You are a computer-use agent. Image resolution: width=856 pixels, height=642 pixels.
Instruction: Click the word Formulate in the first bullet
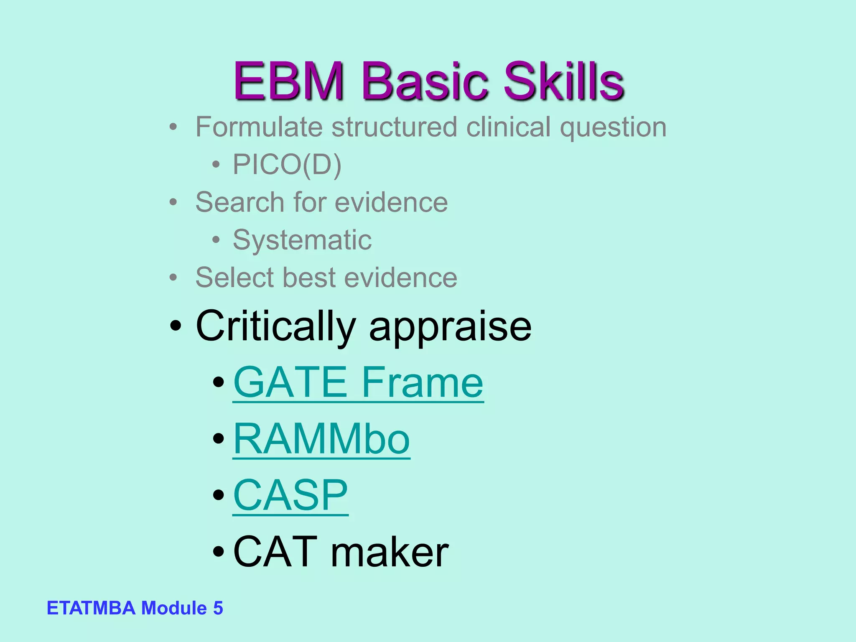point(258,127)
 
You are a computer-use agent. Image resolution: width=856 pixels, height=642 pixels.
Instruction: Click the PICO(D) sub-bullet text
point(287,165)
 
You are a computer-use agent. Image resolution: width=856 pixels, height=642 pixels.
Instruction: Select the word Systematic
point(302,241)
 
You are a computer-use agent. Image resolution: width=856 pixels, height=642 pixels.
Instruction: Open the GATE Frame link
point(358,382)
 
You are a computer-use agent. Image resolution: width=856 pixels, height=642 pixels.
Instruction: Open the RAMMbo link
point(321,439)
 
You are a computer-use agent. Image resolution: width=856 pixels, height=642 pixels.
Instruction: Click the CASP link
point(290,495)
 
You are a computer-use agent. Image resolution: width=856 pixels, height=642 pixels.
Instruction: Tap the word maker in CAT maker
point(390,553)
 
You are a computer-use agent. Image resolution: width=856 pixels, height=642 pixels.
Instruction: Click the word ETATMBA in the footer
point(91,608)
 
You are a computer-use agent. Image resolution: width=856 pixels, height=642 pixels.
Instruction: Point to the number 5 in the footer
point(218,608)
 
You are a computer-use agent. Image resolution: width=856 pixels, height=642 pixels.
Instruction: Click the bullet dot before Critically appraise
point(176,326)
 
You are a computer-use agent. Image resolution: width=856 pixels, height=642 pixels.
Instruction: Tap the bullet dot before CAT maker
point(218,552)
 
